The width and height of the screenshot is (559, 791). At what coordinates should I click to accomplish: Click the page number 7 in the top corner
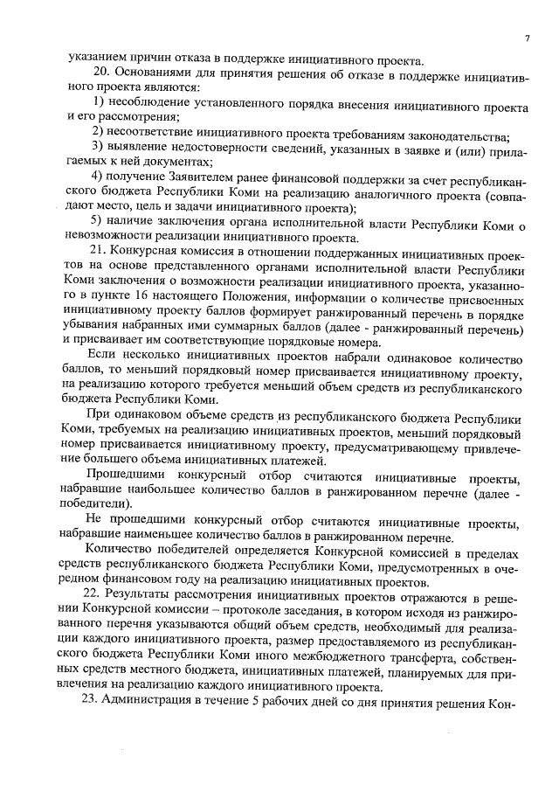(x=528, y=38)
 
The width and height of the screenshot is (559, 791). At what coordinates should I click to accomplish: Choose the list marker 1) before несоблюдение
(x=99, y=106)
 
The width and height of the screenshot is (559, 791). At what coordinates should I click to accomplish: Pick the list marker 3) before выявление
(x=99, y=147)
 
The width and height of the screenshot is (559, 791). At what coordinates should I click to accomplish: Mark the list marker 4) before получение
(x=99, y=177)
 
